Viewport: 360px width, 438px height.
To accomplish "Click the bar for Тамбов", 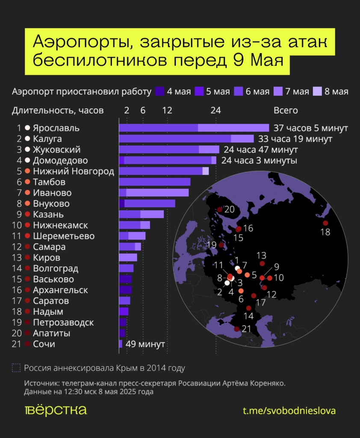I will tap(154, 182).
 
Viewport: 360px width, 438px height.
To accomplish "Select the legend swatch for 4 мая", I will tap(159, 91).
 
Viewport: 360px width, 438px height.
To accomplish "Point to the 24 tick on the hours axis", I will tap(215, 110).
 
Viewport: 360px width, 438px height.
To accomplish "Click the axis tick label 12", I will tap(167, 110).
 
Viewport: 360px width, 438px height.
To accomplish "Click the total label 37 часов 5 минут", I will tap(310, 128).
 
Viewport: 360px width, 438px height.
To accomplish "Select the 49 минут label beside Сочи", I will tap(145, 344).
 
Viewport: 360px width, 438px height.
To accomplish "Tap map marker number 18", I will tap(325, 223).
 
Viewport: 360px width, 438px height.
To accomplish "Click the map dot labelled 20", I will tap(220, 210).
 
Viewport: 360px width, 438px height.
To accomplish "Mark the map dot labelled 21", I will tap(236, 329).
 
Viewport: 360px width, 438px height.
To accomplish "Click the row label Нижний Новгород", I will tap(73, 171).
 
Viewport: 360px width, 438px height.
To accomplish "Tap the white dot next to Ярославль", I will tap(28, 128).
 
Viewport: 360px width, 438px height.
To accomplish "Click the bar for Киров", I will tap(128, 257).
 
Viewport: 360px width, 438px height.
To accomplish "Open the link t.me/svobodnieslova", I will tap(289, 411).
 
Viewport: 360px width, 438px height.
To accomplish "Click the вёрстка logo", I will tap(56, 410).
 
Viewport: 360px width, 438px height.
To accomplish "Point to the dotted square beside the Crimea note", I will tap(16, 368).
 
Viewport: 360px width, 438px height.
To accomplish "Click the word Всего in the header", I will tap(285, 110).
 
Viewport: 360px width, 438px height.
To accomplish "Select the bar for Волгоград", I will tap(126, 268).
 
